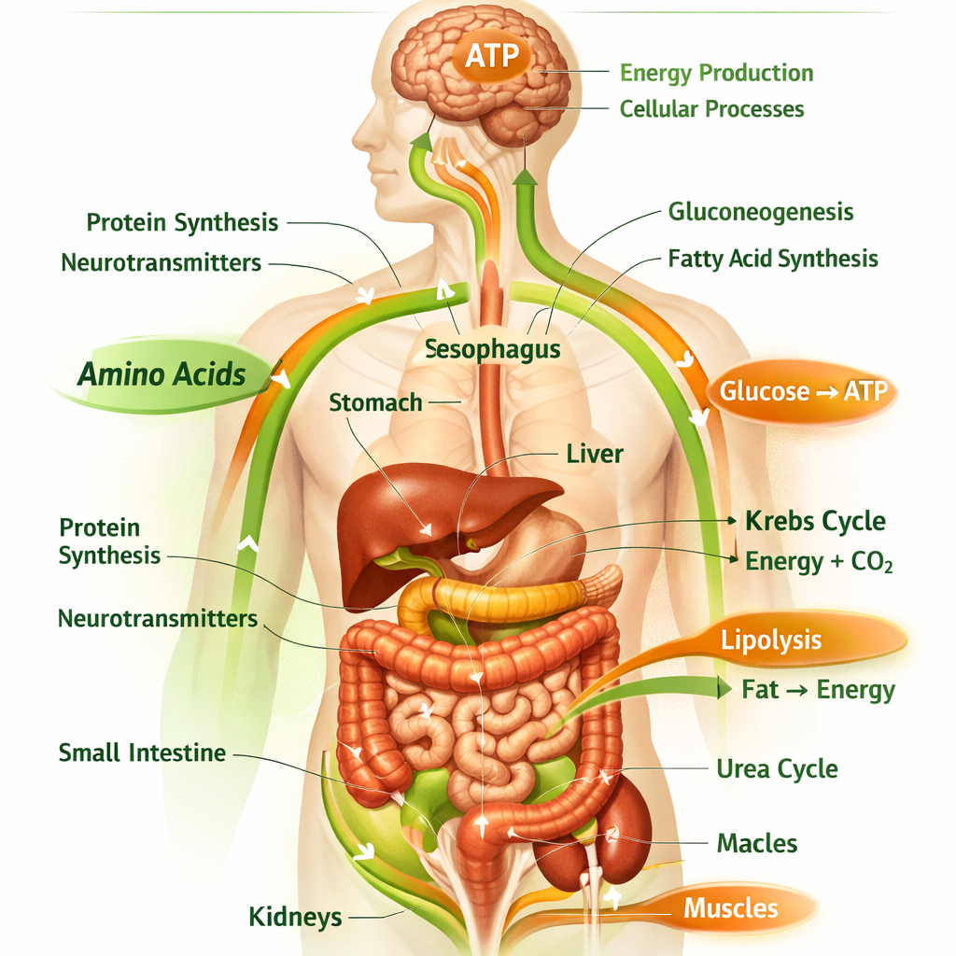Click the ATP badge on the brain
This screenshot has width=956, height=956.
tap(491, 56)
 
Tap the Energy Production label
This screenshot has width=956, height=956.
tap(716, 73)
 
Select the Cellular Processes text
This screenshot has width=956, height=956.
tap(711, 109)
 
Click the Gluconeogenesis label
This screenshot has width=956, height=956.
tap(760, 212)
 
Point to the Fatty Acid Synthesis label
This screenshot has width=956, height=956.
tap(772, 259)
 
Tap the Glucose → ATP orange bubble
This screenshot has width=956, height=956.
tap(802, 391)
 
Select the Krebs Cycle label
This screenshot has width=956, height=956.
tap(815, 521)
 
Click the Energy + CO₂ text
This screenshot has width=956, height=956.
tap(819, 561)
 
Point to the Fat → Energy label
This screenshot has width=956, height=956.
tap(818, 690)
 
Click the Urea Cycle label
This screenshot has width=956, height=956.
tap(777, 769)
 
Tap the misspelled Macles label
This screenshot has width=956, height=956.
tap(756, 844)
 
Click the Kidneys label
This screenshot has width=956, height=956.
tap(295, 917)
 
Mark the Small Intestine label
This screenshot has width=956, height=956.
tap(142, 753)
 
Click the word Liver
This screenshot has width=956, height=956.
tap(595, 455)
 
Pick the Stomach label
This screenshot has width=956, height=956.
tap(375, 403)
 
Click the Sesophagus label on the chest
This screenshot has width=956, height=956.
tap(492, 349)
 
